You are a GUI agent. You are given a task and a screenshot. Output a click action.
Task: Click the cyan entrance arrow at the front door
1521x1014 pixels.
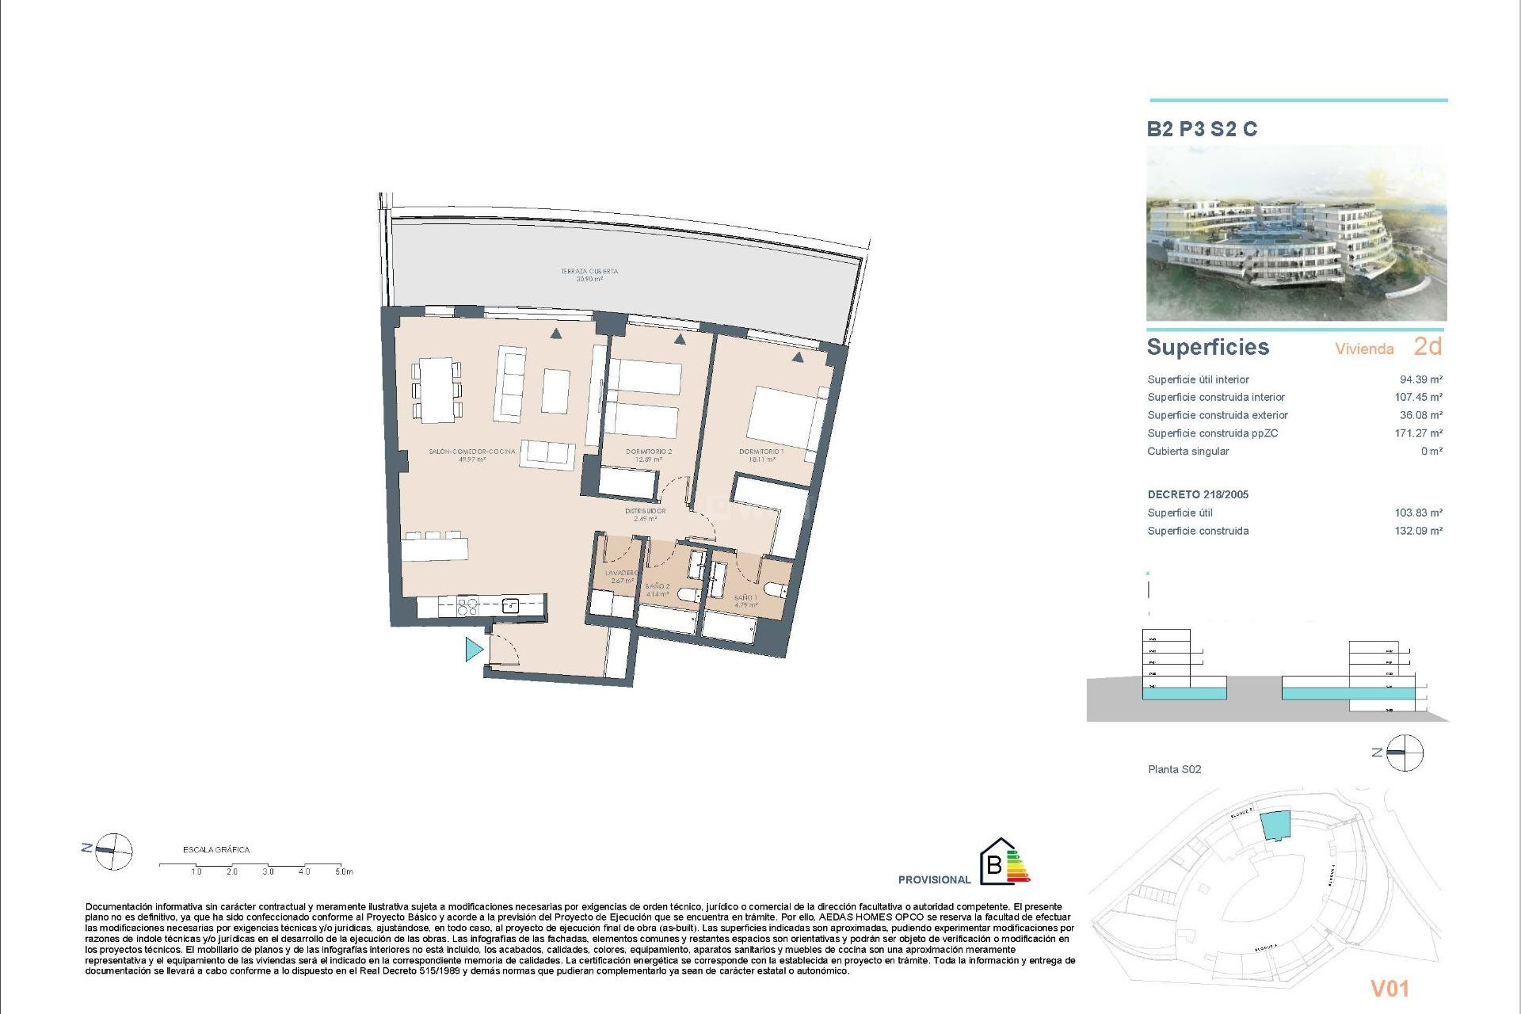[x=474, y=650]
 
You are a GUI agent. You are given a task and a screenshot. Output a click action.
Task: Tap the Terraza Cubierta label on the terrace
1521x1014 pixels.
[x=589, y=275]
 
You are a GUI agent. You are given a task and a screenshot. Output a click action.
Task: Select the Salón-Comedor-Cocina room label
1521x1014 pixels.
[x=471, y=454]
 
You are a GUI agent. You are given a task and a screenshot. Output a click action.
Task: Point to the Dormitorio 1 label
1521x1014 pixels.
[x=761, y=455]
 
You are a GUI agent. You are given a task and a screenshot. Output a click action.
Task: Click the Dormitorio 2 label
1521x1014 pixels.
[x=648, y=455]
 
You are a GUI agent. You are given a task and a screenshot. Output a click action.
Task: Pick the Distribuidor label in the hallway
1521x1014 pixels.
[x=645, y=514]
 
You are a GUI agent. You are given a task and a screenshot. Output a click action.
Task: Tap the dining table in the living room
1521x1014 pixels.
[x=436, y=390]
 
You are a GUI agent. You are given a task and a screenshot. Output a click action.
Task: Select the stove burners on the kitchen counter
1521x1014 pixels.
[x=468, y=607]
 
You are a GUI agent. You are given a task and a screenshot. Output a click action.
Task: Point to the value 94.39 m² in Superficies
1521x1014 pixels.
[x=1420, y=379]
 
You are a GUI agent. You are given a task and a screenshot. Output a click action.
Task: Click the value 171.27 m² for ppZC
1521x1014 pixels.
[x=1418, y=433]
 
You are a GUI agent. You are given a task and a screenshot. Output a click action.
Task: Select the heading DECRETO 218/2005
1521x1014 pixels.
[x=1198, y=494]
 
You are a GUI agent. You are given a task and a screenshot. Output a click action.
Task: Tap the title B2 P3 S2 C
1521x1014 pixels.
[x=1202, y=129]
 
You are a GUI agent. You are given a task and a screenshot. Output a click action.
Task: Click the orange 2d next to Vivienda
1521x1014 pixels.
[x=1428, y=346]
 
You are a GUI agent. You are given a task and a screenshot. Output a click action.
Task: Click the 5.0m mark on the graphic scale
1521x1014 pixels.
[x=343, y=871]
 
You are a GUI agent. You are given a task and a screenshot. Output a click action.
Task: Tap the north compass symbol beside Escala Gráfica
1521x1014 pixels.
[x=113, y=852]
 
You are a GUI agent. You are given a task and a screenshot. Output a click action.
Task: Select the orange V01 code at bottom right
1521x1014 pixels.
[x=1389, y=988]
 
